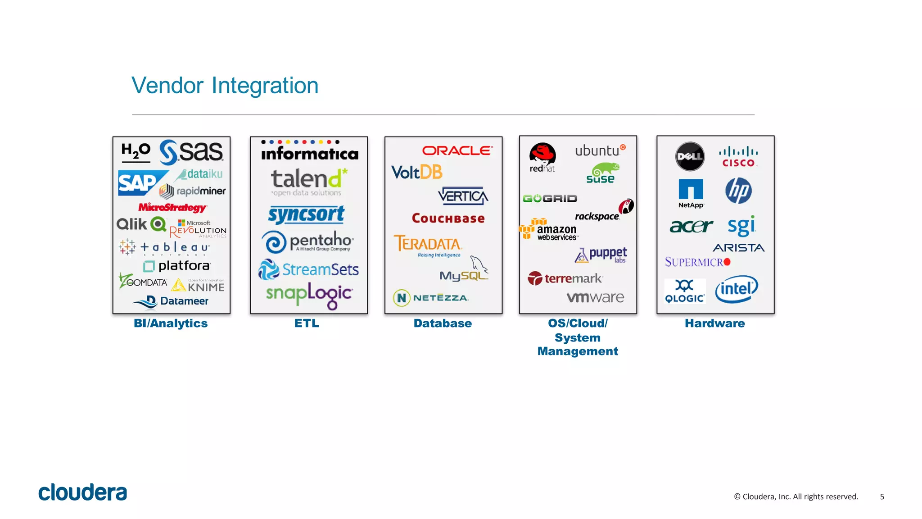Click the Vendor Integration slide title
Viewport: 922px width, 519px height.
tap(225, 86)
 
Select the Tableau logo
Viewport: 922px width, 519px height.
tap(165, 247)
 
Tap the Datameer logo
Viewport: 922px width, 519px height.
tap(171, 301)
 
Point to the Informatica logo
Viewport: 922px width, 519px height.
tap(309, 151)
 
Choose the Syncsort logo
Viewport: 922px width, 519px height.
tap(306, 214)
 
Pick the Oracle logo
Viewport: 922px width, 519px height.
tap(457, 150)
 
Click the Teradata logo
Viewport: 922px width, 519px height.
tap(428, 245)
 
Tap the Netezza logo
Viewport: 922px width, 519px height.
tap(431, 298)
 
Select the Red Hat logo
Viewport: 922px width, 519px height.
tap(542, 158)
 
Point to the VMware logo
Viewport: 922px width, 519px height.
tap(595, 297)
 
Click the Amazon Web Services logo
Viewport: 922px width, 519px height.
tap(549, 230)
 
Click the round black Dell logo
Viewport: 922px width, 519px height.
tap(690, 156)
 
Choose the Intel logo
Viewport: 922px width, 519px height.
tap(736, 289)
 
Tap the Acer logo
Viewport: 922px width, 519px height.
tap(691, 226)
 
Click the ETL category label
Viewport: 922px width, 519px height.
tap(307, 323)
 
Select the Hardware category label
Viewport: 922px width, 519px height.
tap(714, 323)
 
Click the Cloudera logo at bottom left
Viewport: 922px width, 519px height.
tap(82, 492)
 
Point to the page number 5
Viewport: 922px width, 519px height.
tap(882, 496)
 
